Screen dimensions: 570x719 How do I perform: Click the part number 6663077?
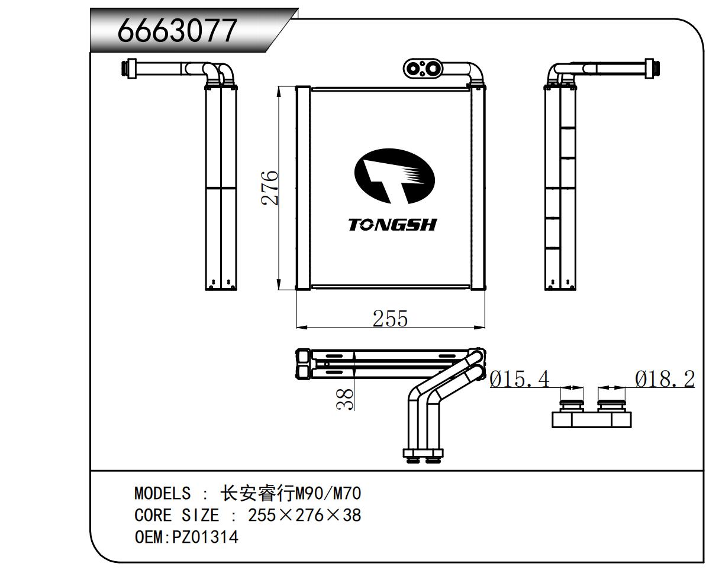click(177, 30)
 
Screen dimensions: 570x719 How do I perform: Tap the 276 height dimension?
click(270, 187)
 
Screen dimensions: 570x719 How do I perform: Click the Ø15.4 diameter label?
click(520, 379)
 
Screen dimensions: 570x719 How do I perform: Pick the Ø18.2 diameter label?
click(665, 379)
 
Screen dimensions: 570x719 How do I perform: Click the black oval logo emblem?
click(394, 174)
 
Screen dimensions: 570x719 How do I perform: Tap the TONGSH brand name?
click(392, 225)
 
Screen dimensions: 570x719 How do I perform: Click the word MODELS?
click(162, 493)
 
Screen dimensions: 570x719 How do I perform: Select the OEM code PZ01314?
click(205, 537)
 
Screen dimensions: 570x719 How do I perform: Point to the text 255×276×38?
click(304, 515)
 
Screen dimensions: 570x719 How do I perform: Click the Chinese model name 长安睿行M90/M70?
click(290, 493)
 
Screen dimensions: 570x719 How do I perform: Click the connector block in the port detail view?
click(591, 419)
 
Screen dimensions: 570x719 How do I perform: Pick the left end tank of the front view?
click(302, 188)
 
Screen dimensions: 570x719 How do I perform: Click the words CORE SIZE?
click(176, 515)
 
